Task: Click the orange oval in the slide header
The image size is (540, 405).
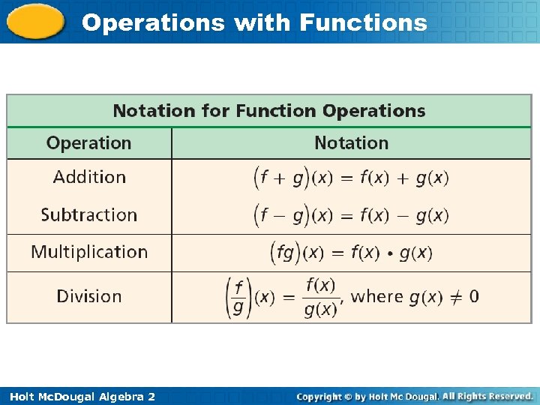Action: pos(35,21)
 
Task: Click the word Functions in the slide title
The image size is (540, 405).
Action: pos(363,22)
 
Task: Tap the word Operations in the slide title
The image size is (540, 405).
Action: pos(153,22)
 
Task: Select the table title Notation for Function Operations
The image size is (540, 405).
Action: pos(268,111)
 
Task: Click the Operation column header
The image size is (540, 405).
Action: pos(88,142)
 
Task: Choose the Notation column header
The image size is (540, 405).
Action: pos(351,142)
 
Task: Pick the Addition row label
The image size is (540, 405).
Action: pos(89,177)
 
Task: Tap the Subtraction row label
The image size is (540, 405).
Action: pos(88,214)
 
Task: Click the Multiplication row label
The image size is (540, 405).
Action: pos(89,252)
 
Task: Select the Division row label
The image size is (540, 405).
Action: pos(88,296)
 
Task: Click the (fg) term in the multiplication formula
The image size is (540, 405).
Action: pos(285,253)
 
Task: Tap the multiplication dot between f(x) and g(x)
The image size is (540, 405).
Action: pos(389,253)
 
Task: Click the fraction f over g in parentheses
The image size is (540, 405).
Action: pos(238,297)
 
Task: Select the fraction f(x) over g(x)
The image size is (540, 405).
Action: pos(320,297)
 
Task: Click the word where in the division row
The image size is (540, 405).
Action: pos(377,296)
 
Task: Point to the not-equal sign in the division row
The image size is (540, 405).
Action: pos(454,296)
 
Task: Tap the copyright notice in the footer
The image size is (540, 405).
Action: pos(414,396)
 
